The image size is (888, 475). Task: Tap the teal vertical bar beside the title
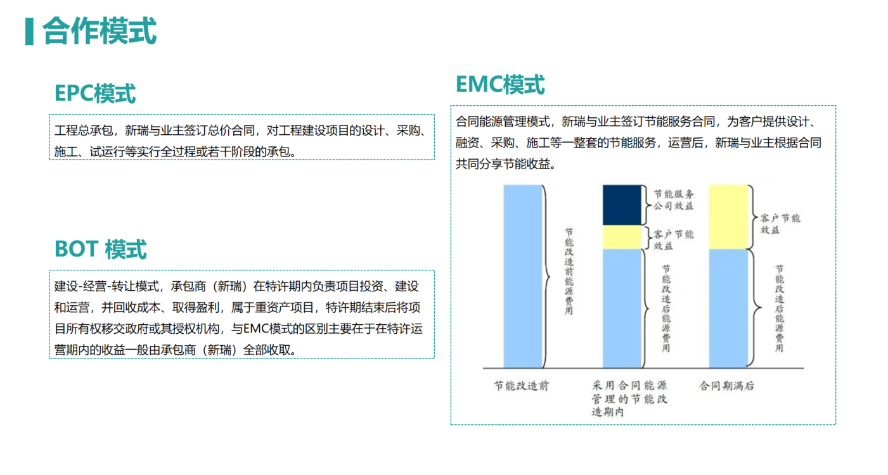coord(29,31)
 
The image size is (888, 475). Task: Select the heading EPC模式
coord(95,94)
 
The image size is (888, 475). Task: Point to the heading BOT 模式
coord(100,249)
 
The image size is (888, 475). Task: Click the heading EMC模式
coord(500,84)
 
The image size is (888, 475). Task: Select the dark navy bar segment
coord(622,205)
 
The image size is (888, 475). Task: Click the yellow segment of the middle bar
coord(622,237)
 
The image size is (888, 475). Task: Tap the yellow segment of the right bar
coord(728,217)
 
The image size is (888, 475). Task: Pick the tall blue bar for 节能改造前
coord(522,277)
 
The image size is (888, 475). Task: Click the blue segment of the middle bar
coord(622,308)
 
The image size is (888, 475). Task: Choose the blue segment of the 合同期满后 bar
coord(728,308)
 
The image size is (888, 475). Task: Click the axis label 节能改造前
coord(521,386)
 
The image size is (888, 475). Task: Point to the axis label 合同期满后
coord(726,386)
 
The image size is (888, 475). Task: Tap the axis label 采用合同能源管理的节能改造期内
coord(629,398)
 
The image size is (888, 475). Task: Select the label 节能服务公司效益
coord(674,200)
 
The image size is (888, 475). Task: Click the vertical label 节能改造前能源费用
coord(569,271)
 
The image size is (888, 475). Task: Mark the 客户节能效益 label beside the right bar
coord(780,224)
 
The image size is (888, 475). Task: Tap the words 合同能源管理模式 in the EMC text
coord(503,121)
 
